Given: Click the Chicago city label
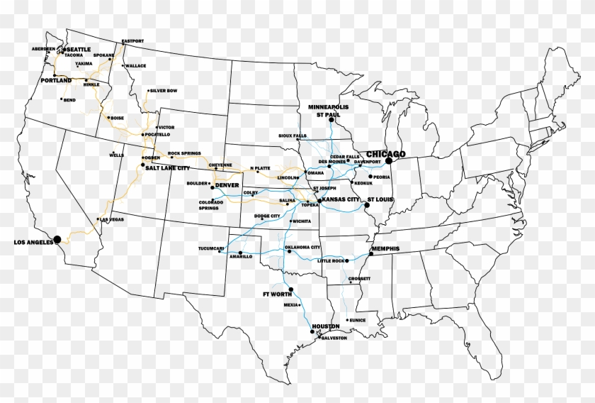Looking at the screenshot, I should click(x=386, y=154).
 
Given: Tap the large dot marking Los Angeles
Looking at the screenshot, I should click(x=57, y=238).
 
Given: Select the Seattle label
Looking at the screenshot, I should click(x=79, y=49).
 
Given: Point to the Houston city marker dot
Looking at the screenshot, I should click(x=312, y=331).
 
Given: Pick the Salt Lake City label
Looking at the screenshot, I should click(x=168, y=168).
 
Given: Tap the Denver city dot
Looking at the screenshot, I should click(x=212, y=188).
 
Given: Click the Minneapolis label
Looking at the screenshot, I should click(x=329, y=106).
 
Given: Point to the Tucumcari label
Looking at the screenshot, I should click(x=211, y=248).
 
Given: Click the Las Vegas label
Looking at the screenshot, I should click(x=112, y=220).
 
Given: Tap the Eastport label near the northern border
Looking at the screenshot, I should click(x=132, y=41).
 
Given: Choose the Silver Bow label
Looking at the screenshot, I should click(x=164, y=91).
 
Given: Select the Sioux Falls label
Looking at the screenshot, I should click(x=293, y=135).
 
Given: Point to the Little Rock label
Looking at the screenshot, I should click(x=331, y=261).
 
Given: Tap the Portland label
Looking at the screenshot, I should click(x=56, y=82).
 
